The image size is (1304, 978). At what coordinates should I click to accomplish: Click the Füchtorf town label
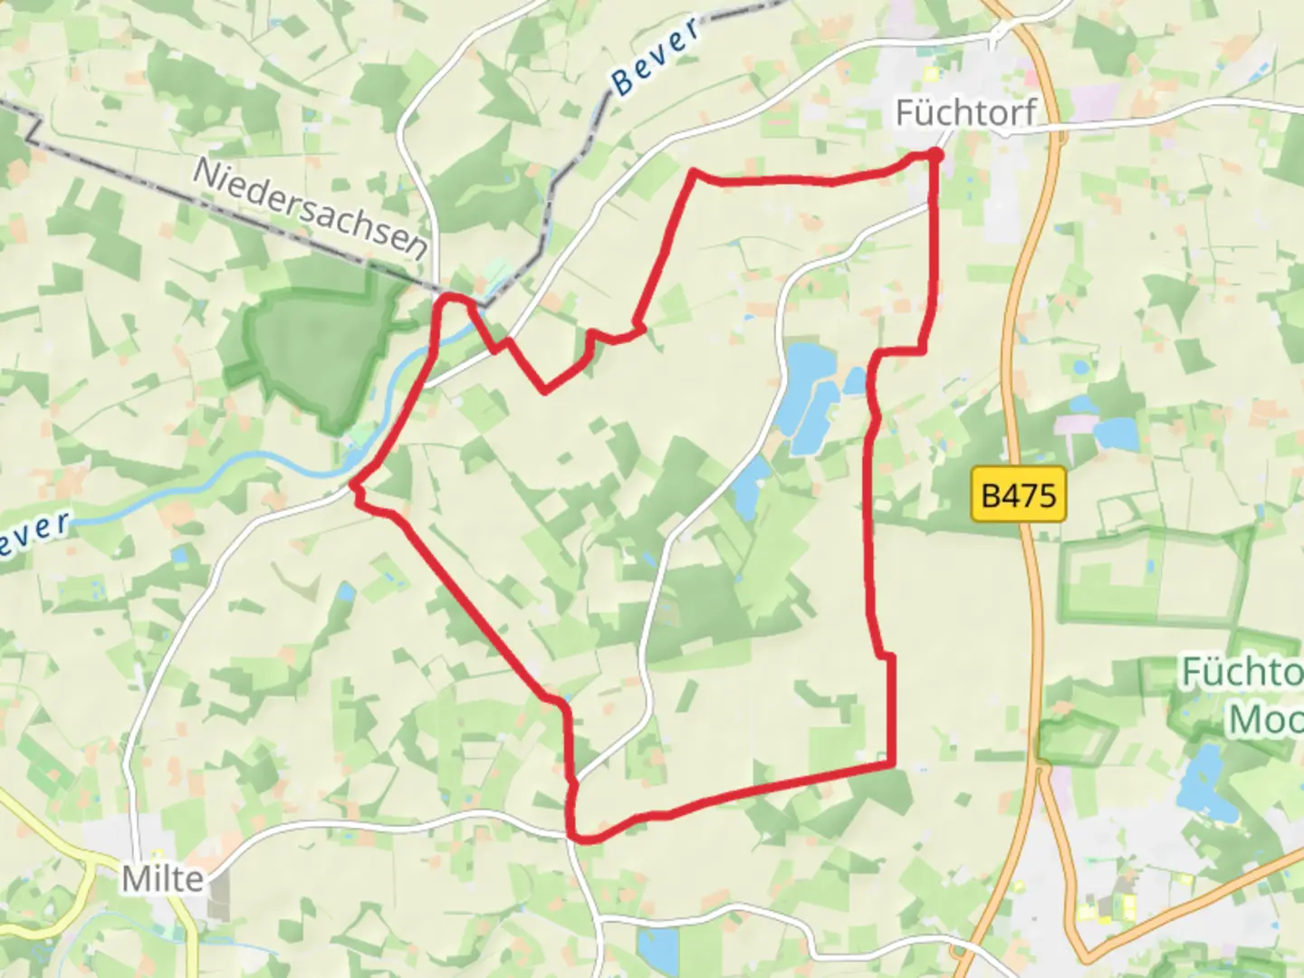965,113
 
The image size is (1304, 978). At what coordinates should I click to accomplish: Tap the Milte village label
163,877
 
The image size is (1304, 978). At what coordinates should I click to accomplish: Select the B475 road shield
1019,495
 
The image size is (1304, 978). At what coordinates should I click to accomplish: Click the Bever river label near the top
657,56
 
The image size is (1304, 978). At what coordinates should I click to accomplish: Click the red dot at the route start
935,156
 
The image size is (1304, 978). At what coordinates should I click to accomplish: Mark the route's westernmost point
353,486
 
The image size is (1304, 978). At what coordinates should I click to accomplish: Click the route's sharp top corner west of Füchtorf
695,171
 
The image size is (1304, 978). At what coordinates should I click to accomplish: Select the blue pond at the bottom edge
656,947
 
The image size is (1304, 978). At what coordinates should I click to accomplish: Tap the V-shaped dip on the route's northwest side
543,390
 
